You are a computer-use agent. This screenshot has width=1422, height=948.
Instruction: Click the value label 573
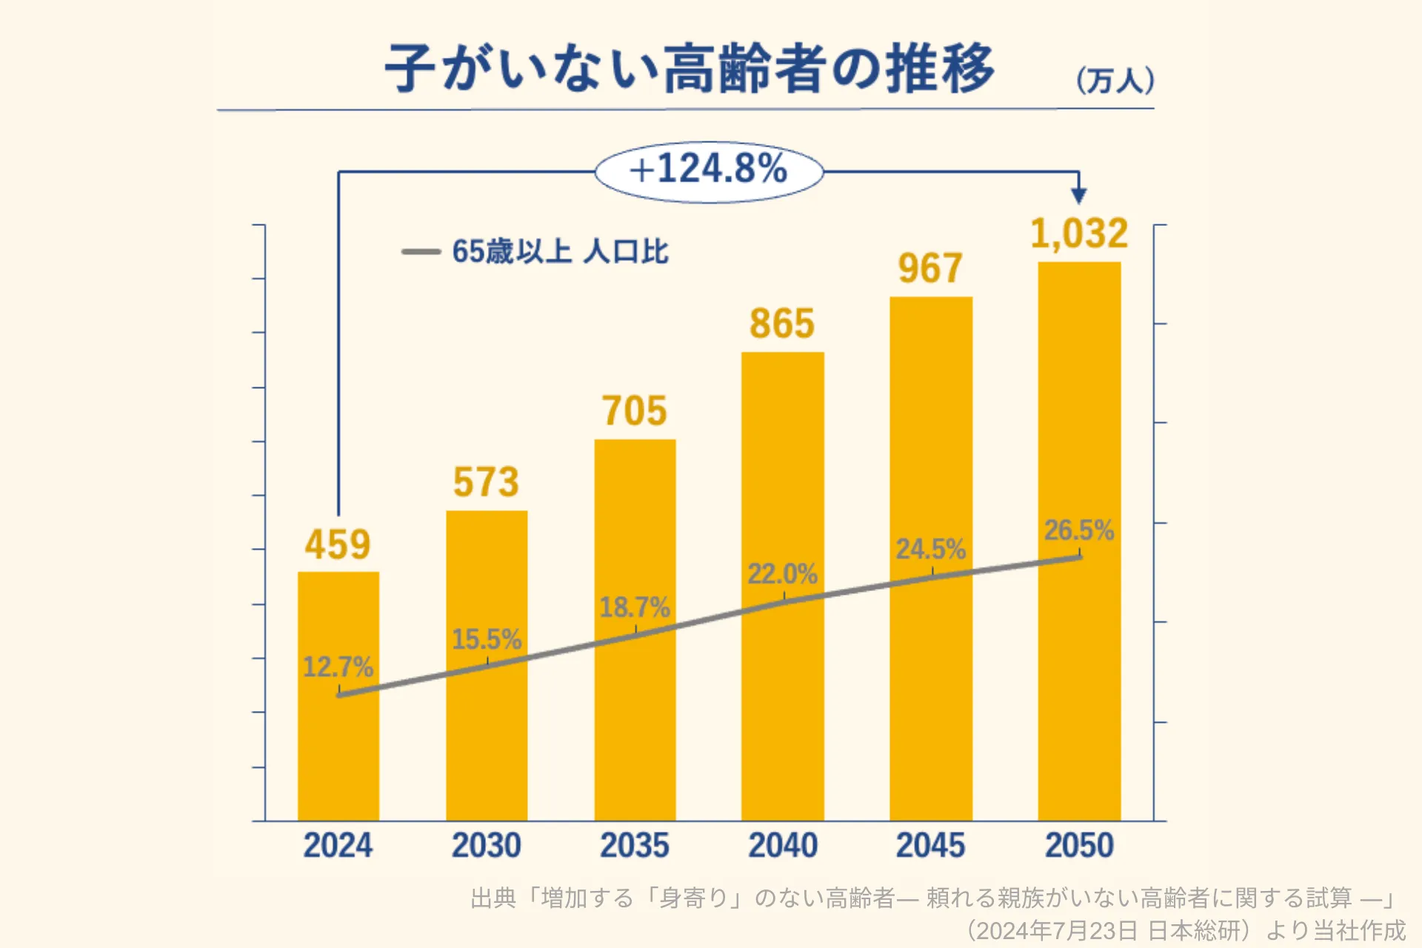click(486, 482)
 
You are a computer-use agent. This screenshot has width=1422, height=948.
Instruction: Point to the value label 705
click(634, 411)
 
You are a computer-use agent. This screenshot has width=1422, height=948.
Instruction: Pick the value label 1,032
click(1079, 234)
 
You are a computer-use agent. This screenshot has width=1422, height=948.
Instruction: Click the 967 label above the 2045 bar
click(930, 268)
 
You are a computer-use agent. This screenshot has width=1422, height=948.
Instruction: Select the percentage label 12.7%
click(338, 667)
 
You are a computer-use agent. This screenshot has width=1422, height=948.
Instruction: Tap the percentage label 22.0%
click(782, 574)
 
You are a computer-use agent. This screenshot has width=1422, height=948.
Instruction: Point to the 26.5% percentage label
click(1079, 530)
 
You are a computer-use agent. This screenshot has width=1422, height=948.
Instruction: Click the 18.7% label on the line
click(634, 607)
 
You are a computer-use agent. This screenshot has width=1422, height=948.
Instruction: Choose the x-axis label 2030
click(487, 845)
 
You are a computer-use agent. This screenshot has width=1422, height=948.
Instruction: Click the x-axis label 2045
click(931, 845)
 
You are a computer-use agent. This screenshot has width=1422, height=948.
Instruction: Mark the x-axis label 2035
click(635, 845)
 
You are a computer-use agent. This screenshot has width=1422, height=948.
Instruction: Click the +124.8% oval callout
click(709, 171)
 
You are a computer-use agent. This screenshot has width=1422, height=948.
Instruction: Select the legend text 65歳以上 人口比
click(560, 252)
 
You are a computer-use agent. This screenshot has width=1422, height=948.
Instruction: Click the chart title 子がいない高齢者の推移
click(689, 68)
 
